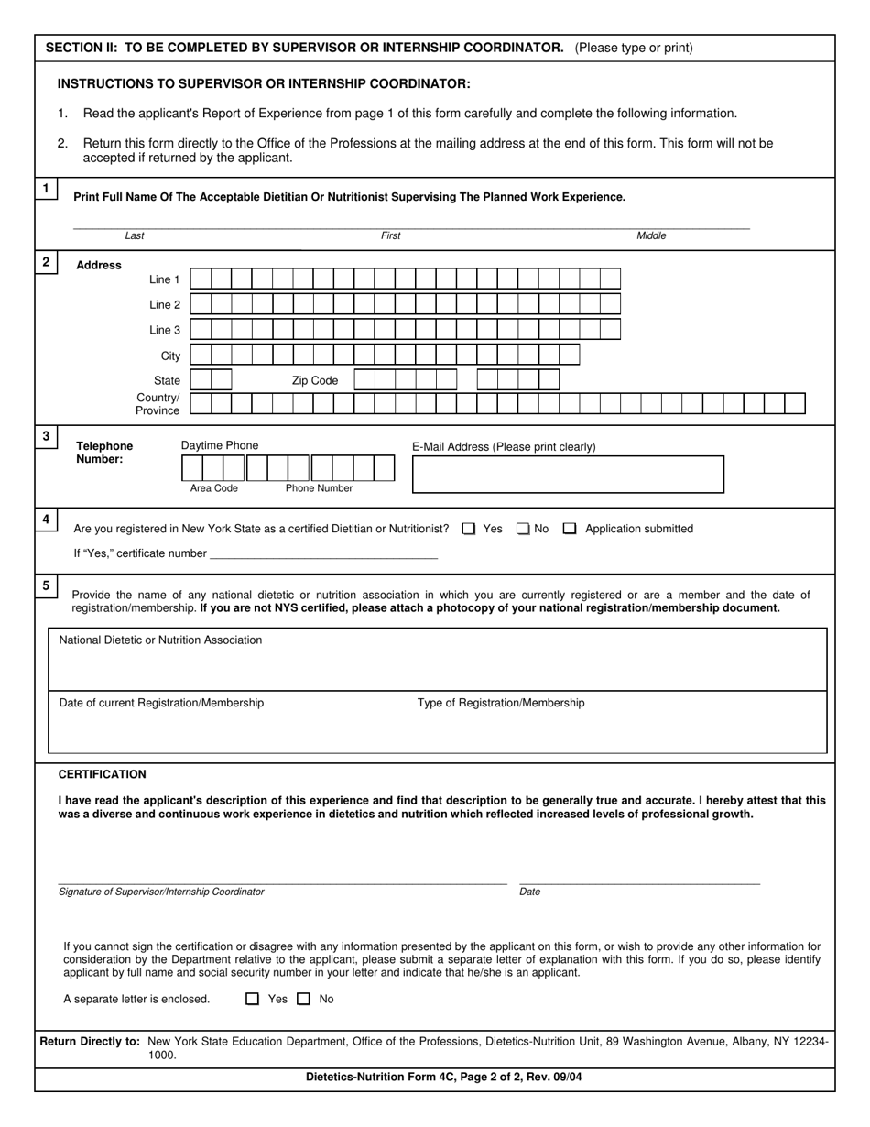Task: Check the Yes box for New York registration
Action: click(x=469, y=529)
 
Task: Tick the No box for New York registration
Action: click(x=523, y=529)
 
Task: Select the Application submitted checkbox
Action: click(x=570, y=529)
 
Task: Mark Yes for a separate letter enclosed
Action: click(x=253, y=1000)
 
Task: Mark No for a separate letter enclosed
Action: click(x=304, y=1000)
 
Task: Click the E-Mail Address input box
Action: click(x=568, y=475)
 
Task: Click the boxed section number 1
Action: click(x=46, y=189)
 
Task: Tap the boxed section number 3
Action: click(x=46, y=436)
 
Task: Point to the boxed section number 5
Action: click(x=46, y=585)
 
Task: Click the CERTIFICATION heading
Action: click(x=102, y=774)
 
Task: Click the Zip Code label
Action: click(x=314, y=380)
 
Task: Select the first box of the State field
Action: click(x=201, y=380)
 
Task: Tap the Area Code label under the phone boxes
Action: click(x=213, y=488)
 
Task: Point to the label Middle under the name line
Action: click(x=651, y=236)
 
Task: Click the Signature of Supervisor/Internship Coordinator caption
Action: click(x=161, y=892)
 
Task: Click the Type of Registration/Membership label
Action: click(x=501, y=703)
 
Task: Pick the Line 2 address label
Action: click(x=165, y=305)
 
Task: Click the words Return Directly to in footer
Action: click(x=90, y=1041)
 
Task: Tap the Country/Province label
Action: click(x=158, y=404)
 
